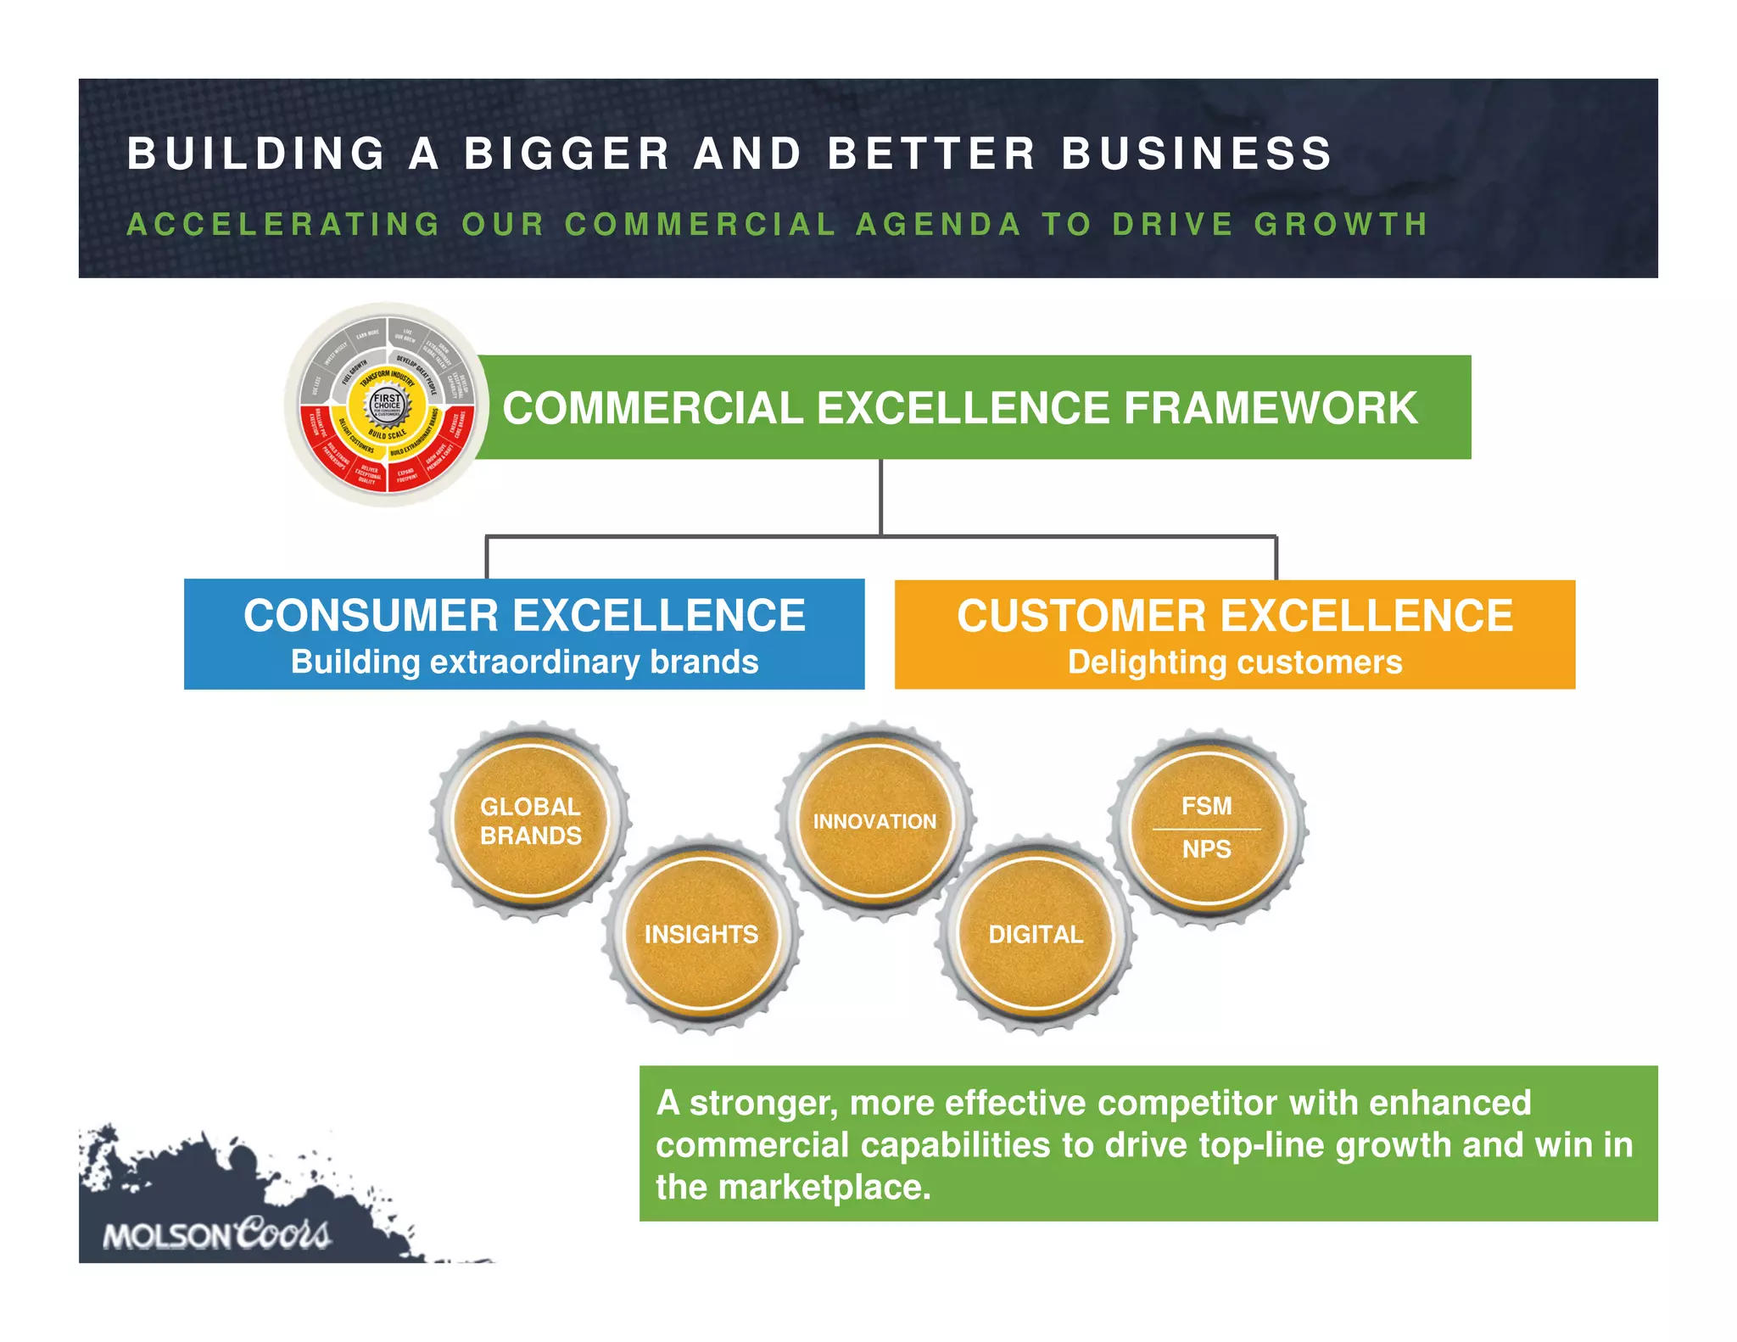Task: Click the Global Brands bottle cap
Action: [531, 821]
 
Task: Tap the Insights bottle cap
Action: [701, 934]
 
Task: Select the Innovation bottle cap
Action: [874, 821]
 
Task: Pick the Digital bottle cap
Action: [1036, 934]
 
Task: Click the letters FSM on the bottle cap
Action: [1206, 806]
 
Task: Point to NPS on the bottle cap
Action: [1206, 849]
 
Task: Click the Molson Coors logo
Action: [216, 1234]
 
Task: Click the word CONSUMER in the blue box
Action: [371, 616]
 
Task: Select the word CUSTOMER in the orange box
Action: [1081, 616]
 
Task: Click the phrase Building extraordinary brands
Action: [524, 663]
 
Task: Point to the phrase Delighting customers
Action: [1234, 663]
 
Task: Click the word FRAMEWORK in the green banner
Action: [1271, 408]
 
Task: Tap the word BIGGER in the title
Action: [567, 154]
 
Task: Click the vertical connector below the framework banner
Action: [881, 497]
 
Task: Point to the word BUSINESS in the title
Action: [1197, 154]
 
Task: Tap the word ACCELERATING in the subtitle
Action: [284, 225]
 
